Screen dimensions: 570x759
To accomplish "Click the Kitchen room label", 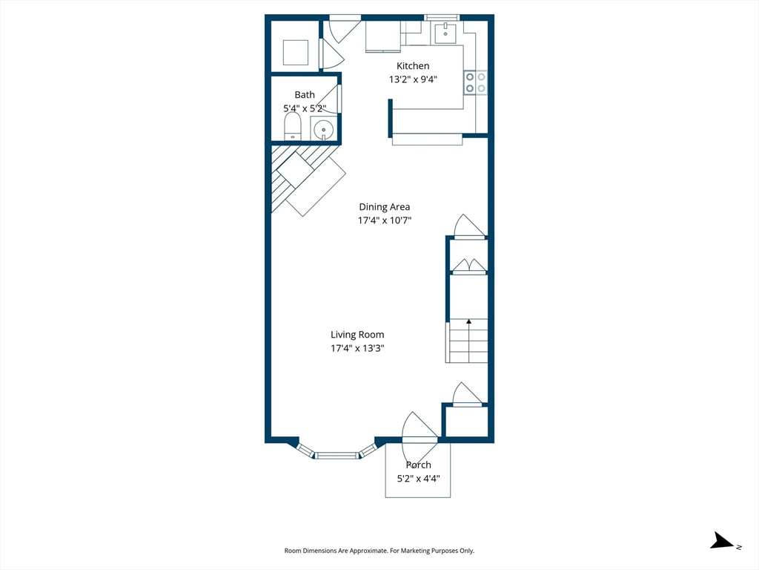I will pos(413,66).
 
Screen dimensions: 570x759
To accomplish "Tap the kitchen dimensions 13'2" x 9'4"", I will pos(413,79).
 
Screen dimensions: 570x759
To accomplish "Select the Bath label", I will pos(305,94).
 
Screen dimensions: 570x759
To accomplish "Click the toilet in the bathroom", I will pos(293,126).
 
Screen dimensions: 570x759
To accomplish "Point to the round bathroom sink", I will pos(324,129).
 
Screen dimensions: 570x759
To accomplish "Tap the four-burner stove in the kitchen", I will pos(475,82).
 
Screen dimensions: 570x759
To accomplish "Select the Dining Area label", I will pos(384,207).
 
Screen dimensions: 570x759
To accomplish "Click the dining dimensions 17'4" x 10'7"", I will pos(384,220).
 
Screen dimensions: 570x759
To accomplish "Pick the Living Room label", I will pos(357,335).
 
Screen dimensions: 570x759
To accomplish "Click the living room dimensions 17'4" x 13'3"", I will pos(357,348).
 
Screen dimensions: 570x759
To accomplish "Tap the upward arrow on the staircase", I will pos(468,322).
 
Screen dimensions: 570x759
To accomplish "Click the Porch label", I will pos(418,465).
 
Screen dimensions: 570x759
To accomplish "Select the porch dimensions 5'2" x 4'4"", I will pos(418,479).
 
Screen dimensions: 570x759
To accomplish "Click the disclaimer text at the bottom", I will pos(379,551).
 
